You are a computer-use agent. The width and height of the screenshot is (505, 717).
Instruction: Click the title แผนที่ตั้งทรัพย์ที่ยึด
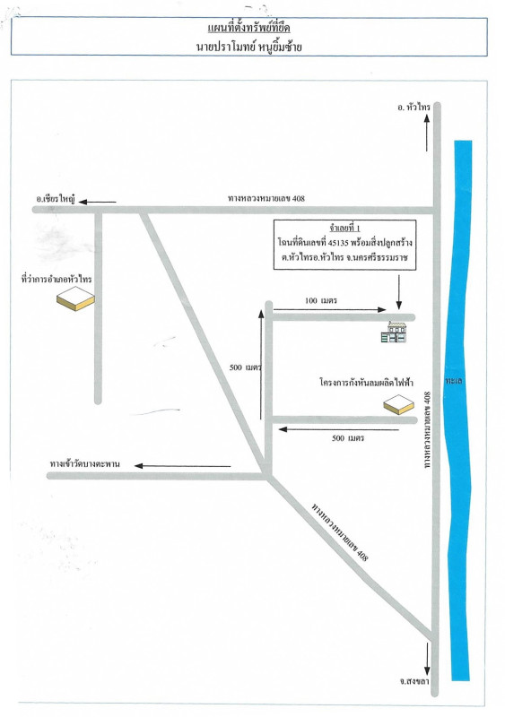[248, 29]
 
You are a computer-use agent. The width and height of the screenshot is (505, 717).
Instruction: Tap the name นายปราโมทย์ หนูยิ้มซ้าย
[249, 47]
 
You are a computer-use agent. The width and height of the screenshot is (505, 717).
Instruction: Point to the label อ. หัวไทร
[414, 107]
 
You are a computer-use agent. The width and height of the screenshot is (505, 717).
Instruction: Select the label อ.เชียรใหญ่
[56, 200]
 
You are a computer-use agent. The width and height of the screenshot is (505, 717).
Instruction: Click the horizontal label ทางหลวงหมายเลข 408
[266, 198]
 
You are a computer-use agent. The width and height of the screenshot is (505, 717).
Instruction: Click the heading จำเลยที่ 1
[344, 228]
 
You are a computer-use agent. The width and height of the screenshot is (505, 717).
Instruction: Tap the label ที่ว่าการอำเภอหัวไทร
[57, 279]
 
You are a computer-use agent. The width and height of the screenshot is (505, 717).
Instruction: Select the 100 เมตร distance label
[321, 300]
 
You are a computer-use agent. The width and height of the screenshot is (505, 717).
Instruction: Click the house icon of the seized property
[394, 332]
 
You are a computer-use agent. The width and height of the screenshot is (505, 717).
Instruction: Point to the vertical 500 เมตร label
[245, 367]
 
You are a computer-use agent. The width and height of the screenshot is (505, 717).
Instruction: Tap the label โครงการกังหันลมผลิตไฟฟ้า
[366, 383]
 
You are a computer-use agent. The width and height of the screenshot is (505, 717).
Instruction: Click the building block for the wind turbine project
[399, 406]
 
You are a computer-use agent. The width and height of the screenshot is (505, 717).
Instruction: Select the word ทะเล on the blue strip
[453, 380]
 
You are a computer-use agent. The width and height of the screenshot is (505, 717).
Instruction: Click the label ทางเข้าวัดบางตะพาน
[84, 463]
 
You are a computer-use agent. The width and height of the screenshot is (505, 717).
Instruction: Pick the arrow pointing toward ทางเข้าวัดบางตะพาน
[183, 466]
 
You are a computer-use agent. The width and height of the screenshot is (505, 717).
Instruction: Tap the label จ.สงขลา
[414, 682]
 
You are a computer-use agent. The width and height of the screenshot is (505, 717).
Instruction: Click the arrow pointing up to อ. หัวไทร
[426, 133]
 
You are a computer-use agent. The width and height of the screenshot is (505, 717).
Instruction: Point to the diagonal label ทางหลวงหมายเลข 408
[339, 531]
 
